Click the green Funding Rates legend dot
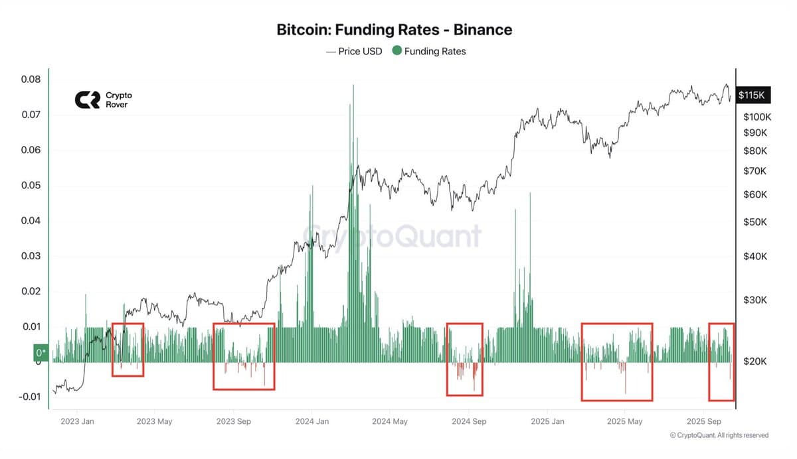click(397, 51)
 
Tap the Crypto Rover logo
click(103, 99)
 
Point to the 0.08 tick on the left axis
click(31, 80)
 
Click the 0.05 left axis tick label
click(31, 186)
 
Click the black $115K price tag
click(752, 96)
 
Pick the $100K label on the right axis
click(757, 117)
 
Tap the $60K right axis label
click(755, 195)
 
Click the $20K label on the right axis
click(755, 361)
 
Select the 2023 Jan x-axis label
click(78, 421)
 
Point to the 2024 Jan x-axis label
click(312, 421)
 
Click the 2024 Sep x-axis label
click(469, 421)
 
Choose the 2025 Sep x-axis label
click(704, 421)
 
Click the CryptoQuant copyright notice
click(719, 435)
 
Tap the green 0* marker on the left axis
click(41, 353)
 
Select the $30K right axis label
click(755, 300)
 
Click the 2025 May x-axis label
click(625, 421)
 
